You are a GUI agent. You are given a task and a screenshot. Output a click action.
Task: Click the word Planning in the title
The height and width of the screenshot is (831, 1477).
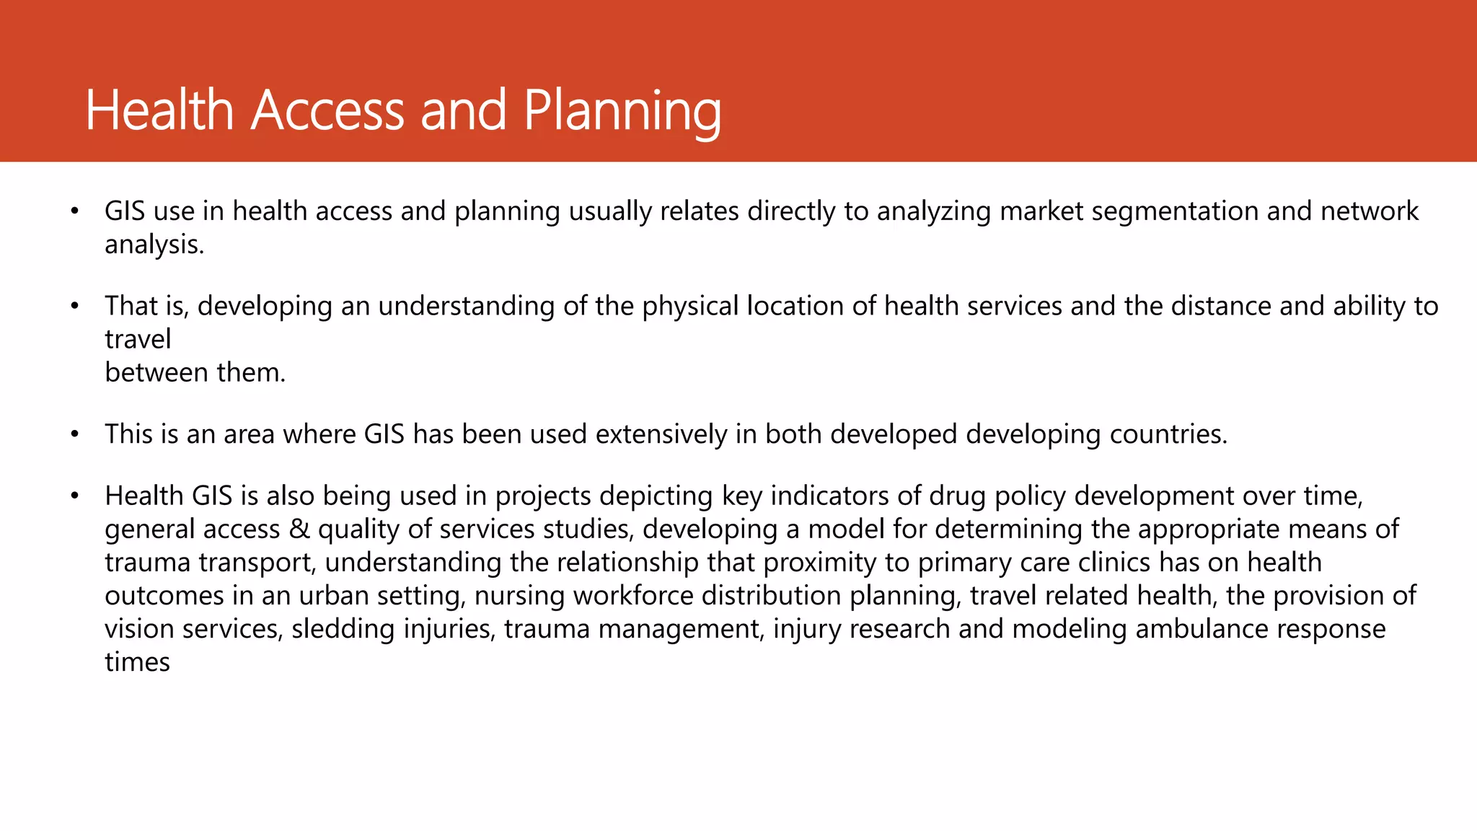point(622,112)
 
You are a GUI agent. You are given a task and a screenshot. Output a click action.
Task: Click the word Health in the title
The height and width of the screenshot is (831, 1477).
point(159,110)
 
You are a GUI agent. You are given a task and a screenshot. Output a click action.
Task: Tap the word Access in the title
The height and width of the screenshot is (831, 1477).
point(327,110)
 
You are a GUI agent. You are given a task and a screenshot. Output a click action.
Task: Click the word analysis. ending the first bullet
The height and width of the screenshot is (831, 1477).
point(154,245)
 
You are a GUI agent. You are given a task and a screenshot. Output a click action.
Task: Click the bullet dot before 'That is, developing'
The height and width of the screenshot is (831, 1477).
point(74,307)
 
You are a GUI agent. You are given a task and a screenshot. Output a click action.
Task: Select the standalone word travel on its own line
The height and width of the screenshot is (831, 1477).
point(138,339)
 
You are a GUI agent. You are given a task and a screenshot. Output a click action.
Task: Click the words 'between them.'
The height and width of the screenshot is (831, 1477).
point(195,372)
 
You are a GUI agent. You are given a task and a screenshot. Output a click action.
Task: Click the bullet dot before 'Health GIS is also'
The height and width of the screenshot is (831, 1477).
point(74,496)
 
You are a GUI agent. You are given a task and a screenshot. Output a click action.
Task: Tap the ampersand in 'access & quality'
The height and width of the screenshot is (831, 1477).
point(299,529)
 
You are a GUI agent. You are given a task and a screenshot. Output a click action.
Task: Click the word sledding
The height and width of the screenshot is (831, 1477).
point(343,629)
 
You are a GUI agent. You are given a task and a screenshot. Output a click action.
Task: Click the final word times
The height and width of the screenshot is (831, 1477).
point(137,662)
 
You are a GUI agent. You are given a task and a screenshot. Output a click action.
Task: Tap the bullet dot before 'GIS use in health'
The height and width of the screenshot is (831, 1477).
point(74,211)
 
